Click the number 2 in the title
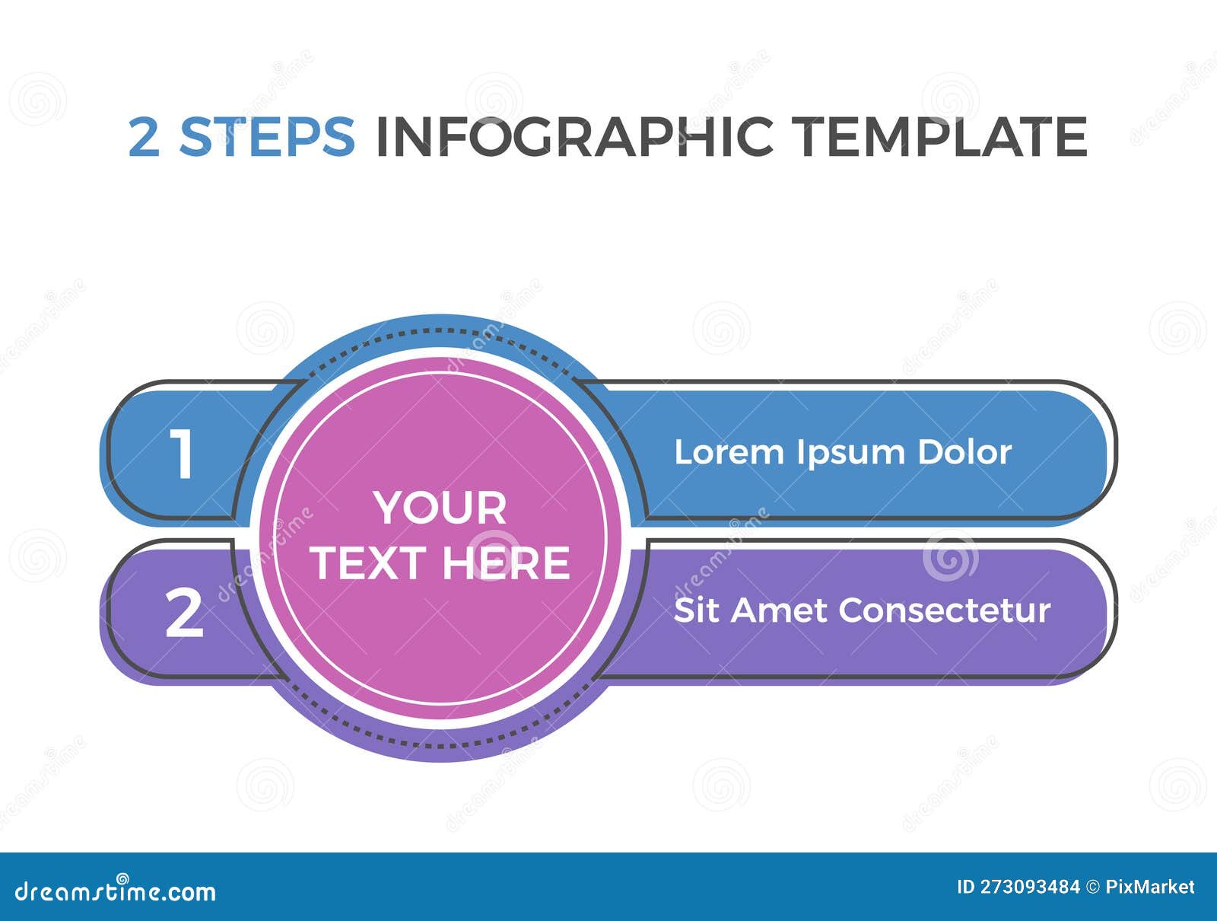pyautogui.click(x=145, y=137)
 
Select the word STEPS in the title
pyautogui.click(x=267, y=137)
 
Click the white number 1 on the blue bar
pyautogui.click(x=182, y=454)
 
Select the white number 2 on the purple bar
pyautogui.click(x=184, y=613)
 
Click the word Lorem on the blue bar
pyautogui.click(x=729, y=452)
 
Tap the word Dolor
pyautogui.click(x=964, y=452)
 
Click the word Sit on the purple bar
pyautogui.click(x=695, y=610)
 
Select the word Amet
pyautogui.click(x=779, y=610)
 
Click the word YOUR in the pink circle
pyautogui.click(x=440, y=508)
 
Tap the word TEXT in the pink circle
pyautogui.click(x=367, y=563)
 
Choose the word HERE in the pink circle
pyautogui.click(x=506, y=563)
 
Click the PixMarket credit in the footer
pyautogui.click(x=1149, y=887)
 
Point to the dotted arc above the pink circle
pyautogui.click(x=441, y=331)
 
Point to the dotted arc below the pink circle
pyautogui.click(x=441, y=744)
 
